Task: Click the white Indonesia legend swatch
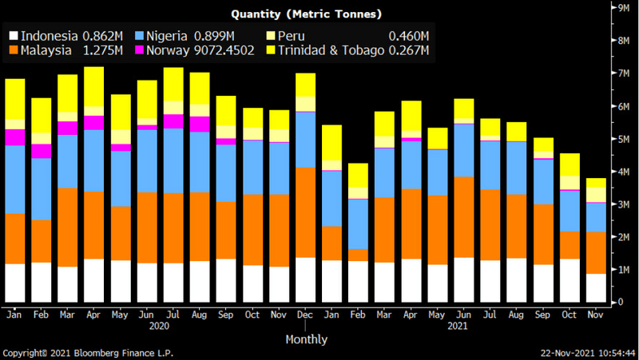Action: tap(14, 36)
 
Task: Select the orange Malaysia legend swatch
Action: tap(14, 51)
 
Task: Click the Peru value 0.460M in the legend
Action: tap(408, 36)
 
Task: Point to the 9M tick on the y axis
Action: tap(619, 7)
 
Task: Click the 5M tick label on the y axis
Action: tap(619, 139)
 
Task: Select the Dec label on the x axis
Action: tap(305, 315)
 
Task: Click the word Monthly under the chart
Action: tap(307, 339)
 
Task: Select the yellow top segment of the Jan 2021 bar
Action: tap(331, 143)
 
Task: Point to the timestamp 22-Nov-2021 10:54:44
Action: tap(588, 352)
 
